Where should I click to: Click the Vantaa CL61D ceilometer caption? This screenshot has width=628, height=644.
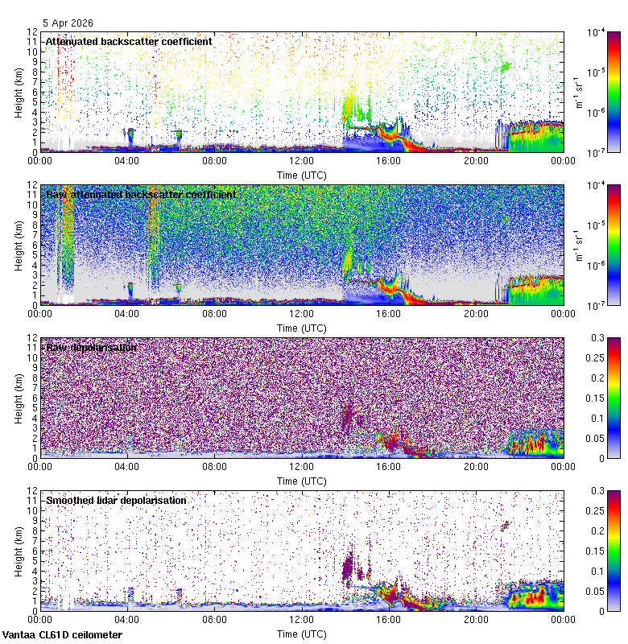pos(62,635)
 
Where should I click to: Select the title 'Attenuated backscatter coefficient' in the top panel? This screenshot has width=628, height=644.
pos(129,41)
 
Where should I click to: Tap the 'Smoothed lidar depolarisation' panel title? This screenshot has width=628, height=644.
pos(116,501)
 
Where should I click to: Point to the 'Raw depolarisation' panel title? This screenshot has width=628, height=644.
pos(91,348)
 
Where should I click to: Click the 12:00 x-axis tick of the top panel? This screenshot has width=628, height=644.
pos(301,160)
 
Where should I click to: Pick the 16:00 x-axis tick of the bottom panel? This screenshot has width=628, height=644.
pos(388,619)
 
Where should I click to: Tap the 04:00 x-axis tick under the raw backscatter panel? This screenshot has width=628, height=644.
pos(127,313)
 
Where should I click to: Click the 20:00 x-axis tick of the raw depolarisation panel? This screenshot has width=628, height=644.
pos(475,466)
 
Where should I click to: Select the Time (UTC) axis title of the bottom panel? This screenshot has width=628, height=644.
pos(301,634)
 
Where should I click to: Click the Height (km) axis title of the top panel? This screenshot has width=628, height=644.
pos(19,91)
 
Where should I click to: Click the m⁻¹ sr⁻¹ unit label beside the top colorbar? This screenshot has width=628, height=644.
pos(578,91)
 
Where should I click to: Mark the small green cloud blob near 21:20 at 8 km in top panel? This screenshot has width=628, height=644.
pos(506,67)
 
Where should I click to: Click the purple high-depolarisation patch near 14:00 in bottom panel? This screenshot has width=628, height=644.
pos(349,566)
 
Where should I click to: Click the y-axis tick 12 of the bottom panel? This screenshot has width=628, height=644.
pos(33,490)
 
